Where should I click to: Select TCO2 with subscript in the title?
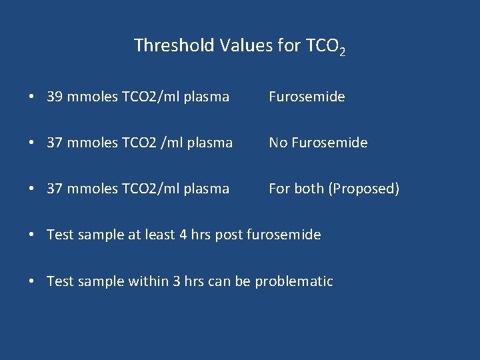(x=325, y=47)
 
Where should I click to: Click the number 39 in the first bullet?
(x=55, y=97)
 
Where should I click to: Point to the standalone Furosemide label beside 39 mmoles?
(x=307, y=97)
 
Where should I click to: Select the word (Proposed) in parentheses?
(x=364, y=189)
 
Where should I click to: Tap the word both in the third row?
(x=309, y=189)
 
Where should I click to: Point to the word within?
(x=141, y=281)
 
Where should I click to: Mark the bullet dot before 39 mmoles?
(x=32, y=97)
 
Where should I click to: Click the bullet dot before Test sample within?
(x=32, y=282)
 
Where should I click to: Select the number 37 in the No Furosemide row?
(x=55, y=143)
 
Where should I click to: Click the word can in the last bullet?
(x=219, y=281)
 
